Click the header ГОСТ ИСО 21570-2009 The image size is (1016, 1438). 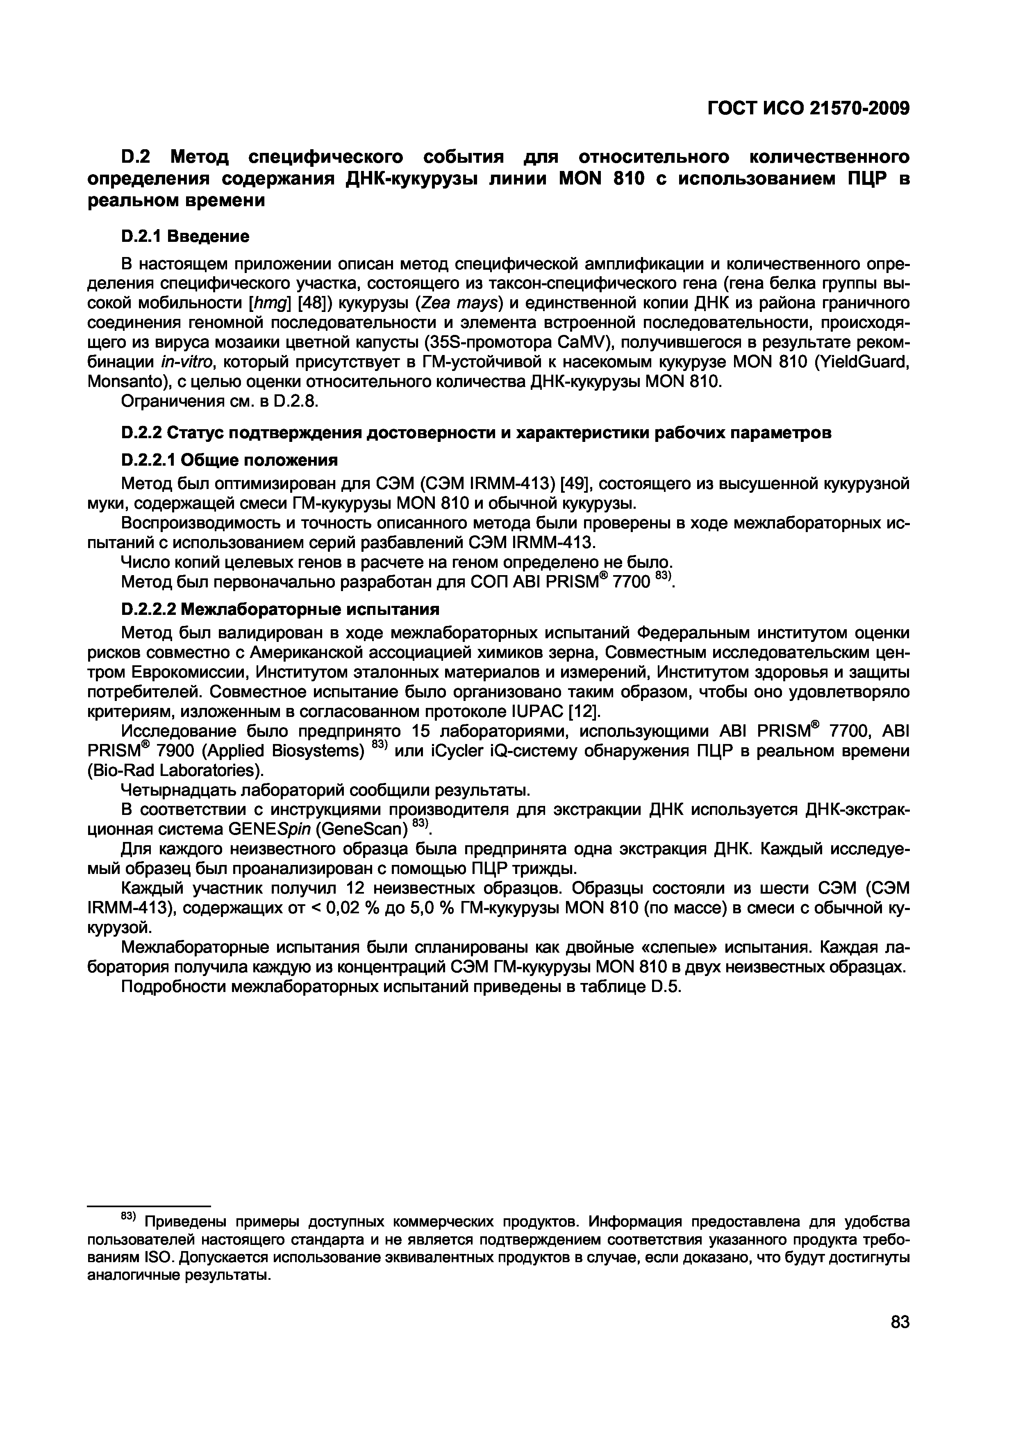coord(807,109)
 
